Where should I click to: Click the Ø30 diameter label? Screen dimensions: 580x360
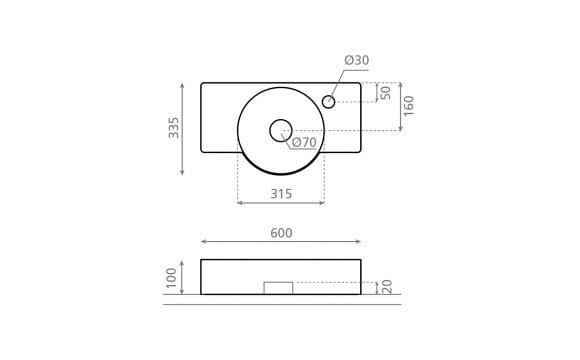click(x=357, y=60)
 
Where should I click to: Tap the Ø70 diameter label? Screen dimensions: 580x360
click(x=304, y=142)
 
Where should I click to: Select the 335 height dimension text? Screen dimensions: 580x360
click(x=173, y=128)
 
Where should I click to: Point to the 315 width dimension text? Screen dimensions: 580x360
click(x=281, y=194)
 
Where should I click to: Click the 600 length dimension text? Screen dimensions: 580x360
click(x=281, y=233)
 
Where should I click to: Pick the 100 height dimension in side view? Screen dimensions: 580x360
click(x=171, y=278)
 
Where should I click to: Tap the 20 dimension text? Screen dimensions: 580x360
click(x=387, y=287)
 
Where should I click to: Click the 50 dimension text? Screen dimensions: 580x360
click(x=385, y=93)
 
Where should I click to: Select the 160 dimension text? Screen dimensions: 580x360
click(x=409, y=106)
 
